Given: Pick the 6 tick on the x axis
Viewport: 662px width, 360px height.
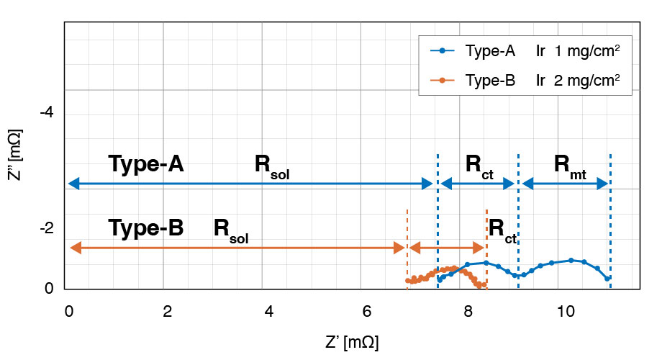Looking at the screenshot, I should point(367,311).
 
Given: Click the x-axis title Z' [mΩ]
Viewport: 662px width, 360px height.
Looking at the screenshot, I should point(352,339).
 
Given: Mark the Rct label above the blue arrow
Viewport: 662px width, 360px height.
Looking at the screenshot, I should point(479,166).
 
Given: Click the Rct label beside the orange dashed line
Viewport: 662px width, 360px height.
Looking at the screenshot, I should point(503,230).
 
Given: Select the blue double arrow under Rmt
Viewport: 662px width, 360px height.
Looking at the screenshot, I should point(565,184).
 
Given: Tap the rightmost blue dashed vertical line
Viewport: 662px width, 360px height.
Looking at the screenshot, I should point(610,216).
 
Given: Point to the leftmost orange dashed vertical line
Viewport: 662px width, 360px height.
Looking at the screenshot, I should point(407,245).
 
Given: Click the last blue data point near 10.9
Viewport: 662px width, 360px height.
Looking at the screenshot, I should point(609,278).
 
